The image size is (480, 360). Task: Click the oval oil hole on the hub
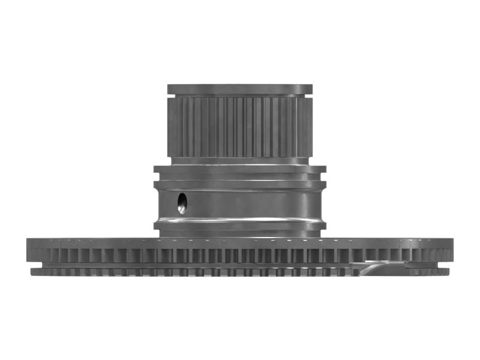(x=182, y=203)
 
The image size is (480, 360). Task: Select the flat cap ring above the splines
(x=239, y=89)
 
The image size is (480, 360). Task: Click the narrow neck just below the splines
(x=239, y=161)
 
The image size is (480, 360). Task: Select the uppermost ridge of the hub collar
(x=239, y=170)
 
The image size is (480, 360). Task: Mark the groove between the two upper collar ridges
(x=239, y=175)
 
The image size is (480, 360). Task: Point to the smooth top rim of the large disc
(x=239, y=242)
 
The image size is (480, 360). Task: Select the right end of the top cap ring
(x=310, y=89)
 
